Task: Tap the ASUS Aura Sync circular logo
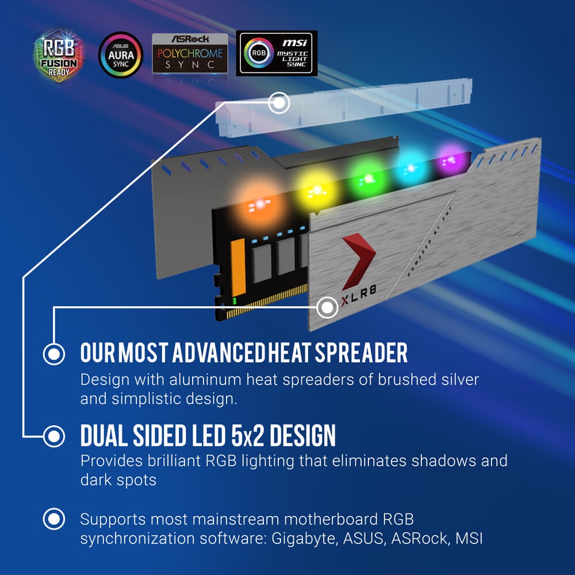click(x=120, y=55)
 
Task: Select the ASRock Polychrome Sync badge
click(x=190, y=53)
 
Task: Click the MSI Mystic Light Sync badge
click(x=277, y=53)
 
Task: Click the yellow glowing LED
click(x=316, y=189)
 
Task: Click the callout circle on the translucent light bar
click(x=279, y=103)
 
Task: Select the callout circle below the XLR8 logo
click(x=327, y=308)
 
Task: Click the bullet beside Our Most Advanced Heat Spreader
click(x=53, y=354)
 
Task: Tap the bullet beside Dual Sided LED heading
click(x=53, y=436)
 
